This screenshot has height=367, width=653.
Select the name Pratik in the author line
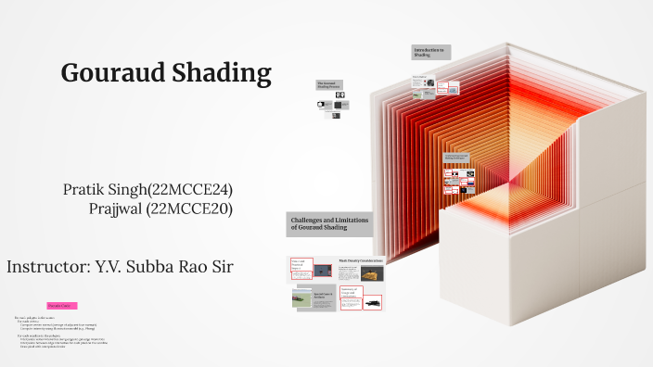[81, 189]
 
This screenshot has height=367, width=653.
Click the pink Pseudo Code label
[62, 306]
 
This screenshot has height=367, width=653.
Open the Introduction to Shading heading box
[431, 53]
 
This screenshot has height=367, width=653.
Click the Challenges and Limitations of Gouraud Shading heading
[321, 222]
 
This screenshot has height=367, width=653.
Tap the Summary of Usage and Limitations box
[352, 296]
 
